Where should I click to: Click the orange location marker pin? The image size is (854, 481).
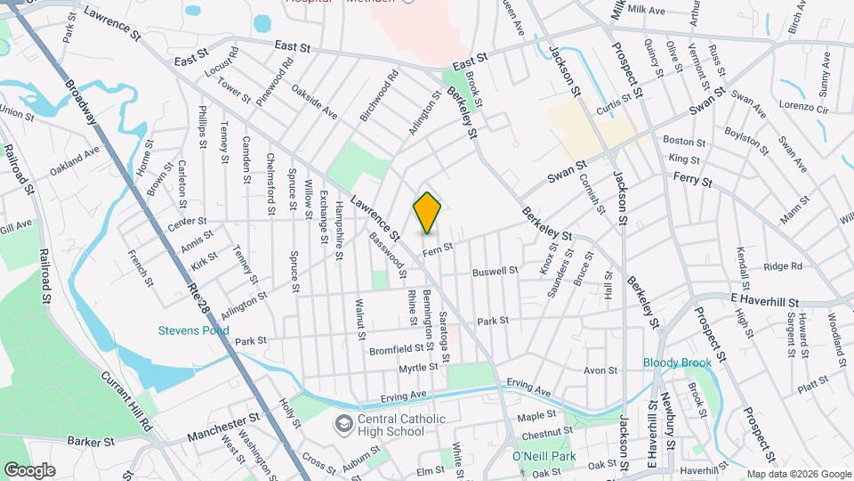(x=427, y=213)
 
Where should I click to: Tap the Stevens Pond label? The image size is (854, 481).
(x=194, y=330)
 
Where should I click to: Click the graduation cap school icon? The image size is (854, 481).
(x=342, y=420)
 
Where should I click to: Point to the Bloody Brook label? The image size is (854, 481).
(x=678, y=363)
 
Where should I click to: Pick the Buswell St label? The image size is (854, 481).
(x=495, y=271)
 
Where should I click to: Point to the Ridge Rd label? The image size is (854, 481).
(x=783, y=265)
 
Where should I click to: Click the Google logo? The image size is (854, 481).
(x=29, y=469)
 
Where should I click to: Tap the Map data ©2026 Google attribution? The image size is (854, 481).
(x=798, y=474)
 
